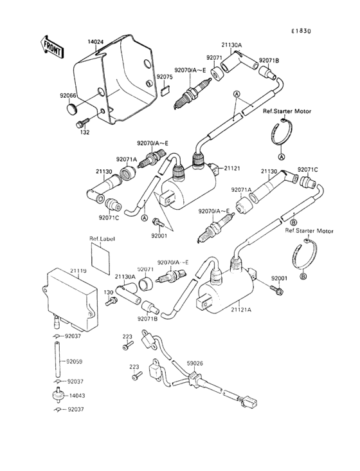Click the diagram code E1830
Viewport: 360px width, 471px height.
click(300, 31)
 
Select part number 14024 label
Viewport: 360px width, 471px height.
click(95, 42)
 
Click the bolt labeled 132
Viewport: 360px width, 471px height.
click(83, 122)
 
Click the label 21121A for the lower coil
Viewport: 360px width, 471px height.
click(242, 309)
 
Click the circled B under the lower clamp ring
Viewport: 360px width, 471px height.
click(303, 276)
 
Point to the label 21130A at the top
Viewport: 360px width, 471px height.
click(231, 46)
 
